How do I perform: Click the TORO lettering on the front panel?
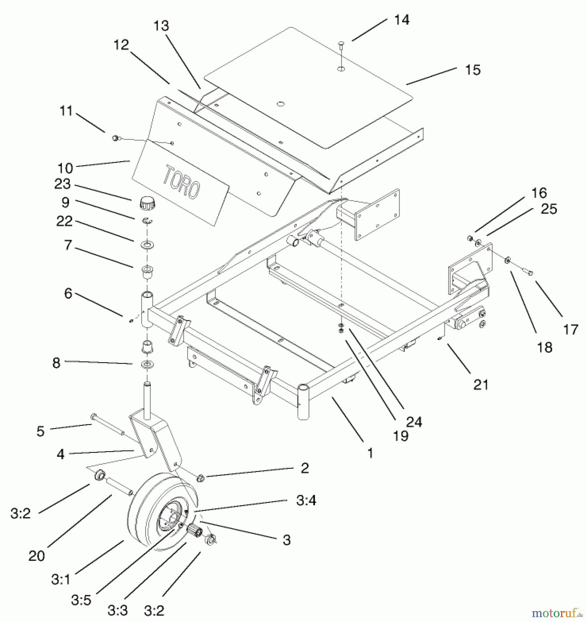coord(181,182)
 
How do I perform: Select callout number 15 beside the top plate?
coord(472,70)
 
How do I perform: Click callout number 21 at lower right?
coord(481,385)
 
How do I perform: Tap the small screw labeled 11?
coord(116,138)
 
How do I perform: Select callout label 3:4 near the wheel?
coord(306,500)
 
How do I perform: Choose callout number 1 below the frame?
coord(370,453)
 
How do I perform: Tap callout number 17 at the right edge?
coord(570,329)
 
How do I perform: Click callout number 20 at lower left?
coord(37,556)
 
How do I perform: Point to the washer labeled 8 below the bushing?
coord(147,364)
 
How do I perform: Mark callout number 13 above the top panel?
coord(161,26)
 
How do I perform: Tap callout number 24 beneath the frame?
coord(414,422)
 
